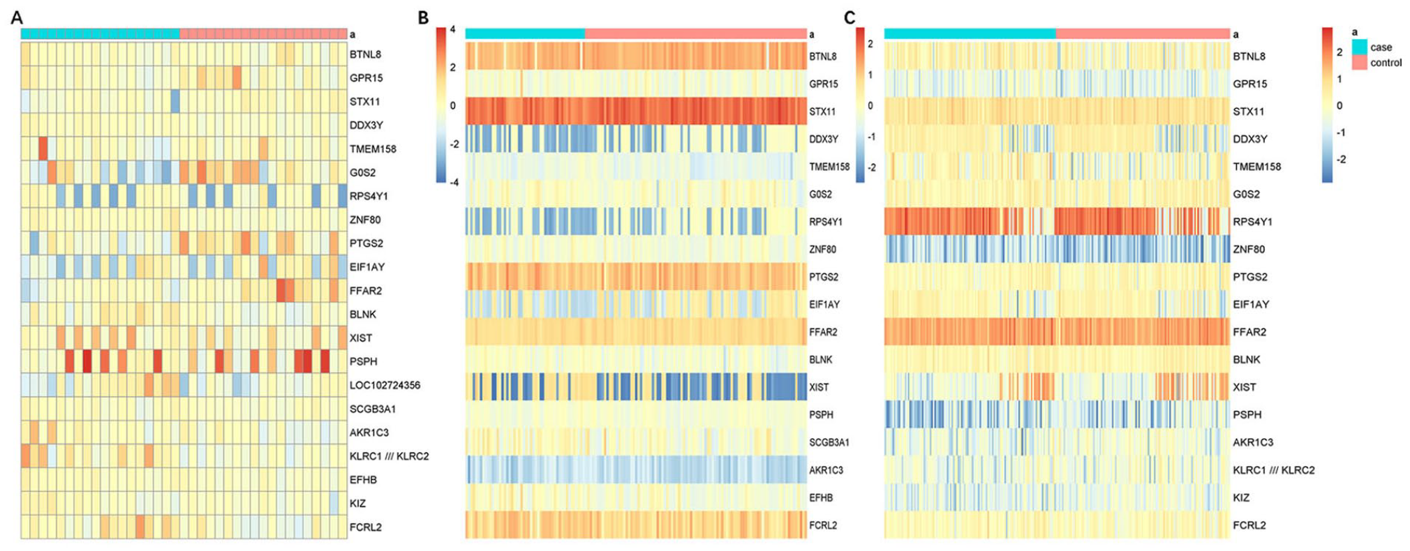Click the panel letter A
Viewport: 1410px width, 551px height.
tap(17, 17)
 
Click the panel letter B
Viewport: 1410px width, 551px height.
tap(424, 17)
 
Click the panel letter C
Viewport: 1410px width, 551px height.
tap(849, 17)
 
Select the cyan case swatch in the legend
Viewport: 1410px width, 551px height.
tap(1359, 47)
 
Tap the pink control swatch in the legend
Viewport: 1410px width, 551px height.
tap(1359, 63)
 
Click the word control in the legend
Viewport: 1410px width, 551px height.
tap(1386, 63)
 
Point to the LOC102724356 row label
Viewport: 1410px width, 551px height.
tap(385, 385)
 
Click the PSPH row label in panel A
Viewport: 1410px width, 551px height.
tap(363, 361)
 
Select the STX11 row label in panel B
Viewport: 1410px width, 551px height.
tap(822, 112)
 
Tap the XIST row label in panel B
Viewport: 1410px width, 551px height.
tap(819, 387)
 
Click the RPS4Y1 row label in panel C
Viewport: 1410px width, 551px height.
tap(1252, 222)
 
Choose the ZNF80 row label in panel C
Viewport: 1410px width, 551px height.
tap(1249, 249)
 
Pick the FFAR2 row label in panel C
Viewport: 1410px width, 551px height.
tap(1249, 332)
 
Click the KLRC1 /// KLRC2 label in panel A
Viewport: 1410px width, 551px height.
tap(389, 456)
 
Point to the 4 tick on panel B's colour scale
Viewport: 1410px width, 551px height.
tap(453, 30)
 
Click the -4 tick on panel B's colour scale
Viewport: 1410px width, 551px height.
tap(454, 183)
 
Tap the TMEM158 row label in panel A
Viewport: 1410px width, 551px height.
tap(373, 149)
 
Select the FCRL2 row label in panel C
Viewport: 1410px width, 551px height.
tap(1249, 525)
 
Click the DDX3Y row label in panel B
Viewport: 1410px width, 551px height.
tap(824, 139)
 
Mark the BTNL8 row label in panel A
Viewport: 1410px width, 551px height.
tap(365, 54)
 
